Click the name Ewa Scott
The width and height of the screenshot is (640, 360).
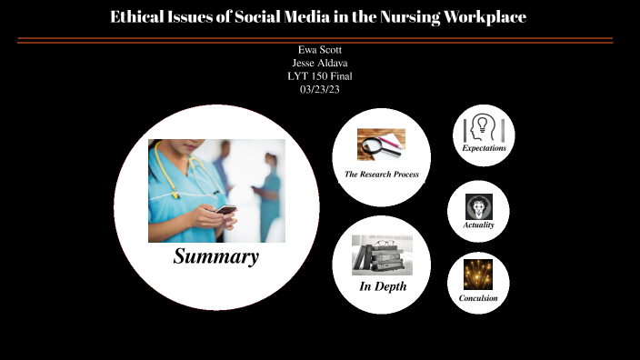tap(319, 49)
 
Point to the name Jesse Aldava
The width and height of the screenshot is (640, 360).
tap(319, 63)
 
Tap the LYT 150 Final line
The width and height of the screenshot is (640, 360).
tap(319, 76)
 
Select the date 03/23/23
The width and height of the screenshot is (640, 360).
tap(319, 90)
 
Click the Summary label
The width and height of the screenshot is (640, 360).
tap(216, 257)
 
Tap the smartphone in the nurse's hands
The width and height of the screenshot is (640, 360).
tap(225, 209)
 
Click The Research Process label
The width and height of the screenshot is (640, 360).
tap(381, 174)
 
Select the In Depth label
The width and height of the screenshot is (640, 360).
tap(382, 286)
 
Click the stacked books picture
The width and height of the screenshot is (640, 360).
tap(382, 255)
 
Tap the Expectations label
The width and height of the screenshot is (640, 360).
tap(484, 147)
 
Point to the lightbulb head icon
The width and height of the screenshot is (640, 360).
tap(483, 126)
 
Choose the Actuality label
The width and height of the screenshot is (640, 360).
tap(478, 224)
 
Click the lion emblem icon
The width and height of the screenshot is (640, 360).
tap(478, 205)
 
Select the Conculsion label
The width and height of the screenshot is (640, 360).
tap(478, 297)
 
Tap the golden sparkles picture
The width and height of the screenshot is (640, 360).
tap(478, 275)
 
